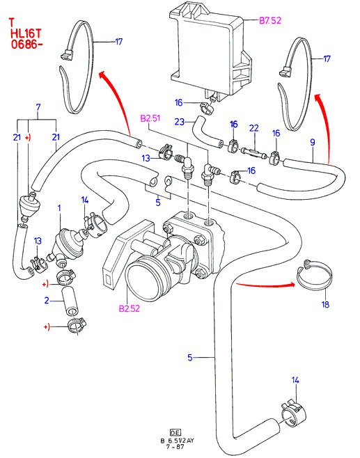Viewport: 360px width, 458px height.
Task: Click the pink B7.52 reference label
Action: pos(270,20)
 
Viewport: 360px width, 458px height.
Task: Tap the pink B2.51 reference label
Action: pos(150,118)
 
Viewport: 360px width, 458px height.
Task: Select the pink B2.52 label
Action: pos(129,308)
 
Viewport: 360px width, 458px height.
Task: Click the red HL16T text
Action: pos(26,33)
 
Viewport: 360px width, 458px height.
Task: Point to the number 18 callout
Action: pos(325,305)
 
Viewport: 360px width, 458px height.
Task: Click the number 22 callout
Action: pos(254,127)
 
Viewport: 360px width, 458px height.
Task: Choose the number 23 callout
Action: pos(180,121)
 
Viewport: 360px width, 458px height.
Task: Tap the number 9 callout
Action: pos(313,142)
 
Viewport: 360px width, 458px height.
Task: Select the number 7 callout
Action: pos(38,107)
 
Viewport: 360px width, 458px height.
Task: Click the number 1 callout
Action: pos(60,208)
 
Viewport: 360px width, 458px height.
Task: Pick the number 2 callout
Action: pos(47,300)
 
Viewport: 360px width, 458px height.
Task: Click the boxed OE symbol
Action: pos(175,433)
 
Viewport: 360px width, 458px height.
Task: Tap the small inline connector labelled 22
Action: pos(253,153)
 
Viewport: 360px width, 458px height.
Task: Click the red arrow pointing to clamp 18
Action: pos(265,284)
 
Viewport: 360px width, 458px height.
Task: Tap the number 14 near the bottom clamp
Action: pos(295,380)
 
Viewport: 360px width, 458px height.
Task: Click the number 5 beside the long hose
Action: pos(190,357)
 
